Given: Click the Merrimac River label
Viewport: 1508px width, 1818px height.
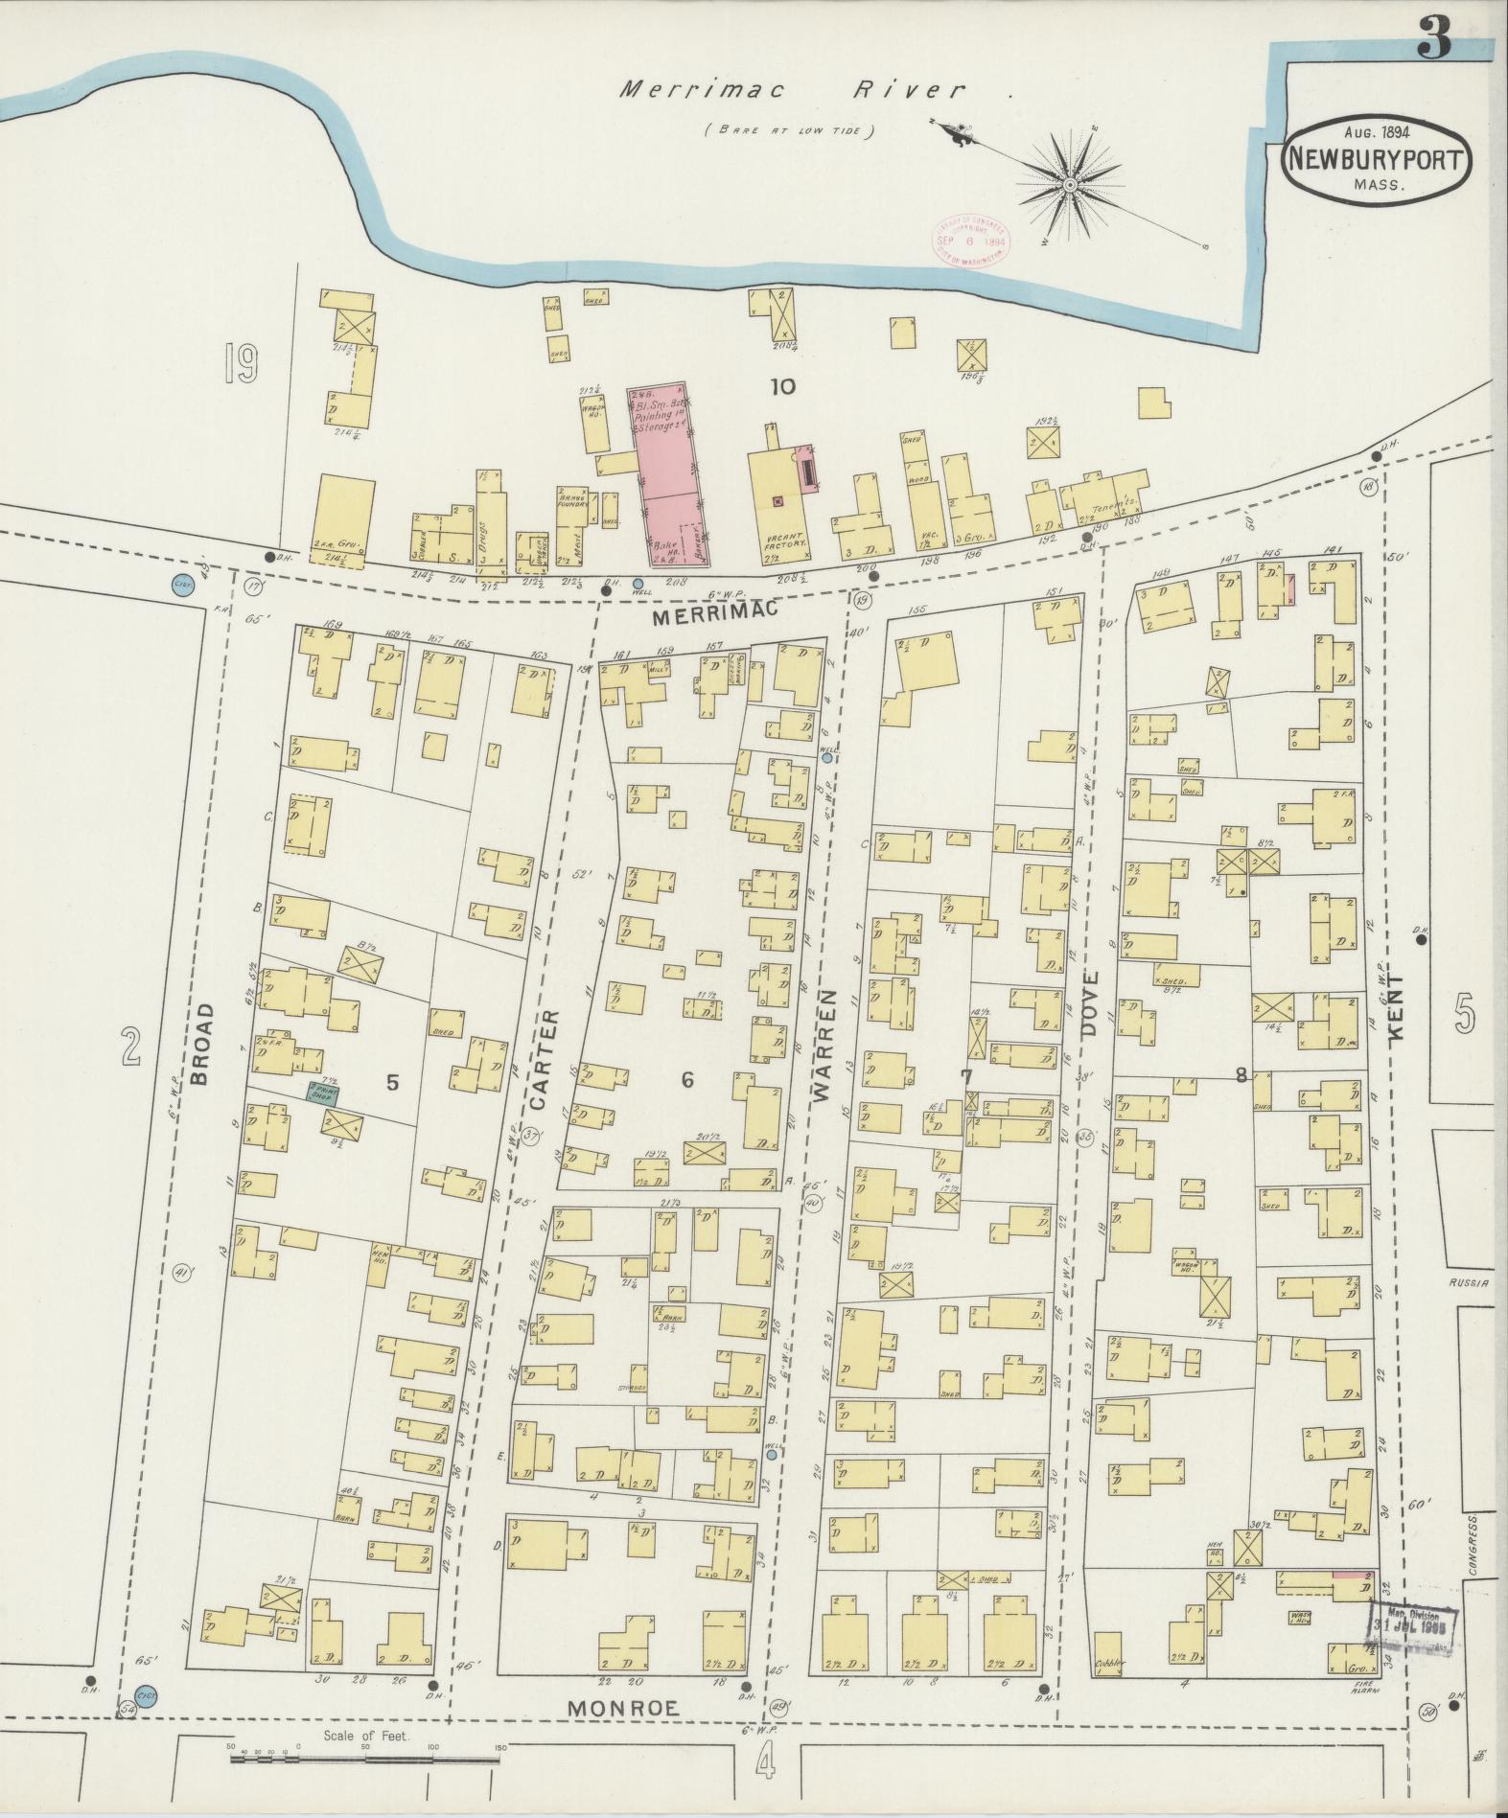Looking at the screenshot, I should click(x=791, y=91).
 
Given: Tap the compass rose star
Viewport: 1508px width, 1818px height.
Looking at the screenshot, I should click(x=1069, y=182).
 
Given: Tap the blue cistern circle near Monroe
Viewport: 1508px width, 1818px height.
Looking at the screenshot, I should click(x=146, y=1695).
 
